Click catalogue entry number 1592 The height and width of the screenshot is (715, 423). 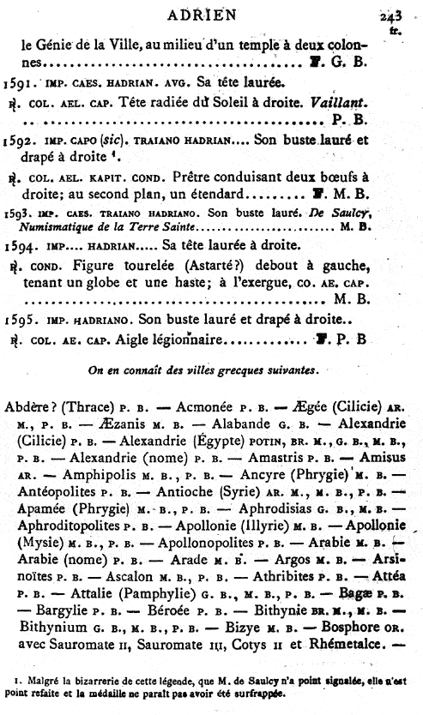click(x=16, y=138)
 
